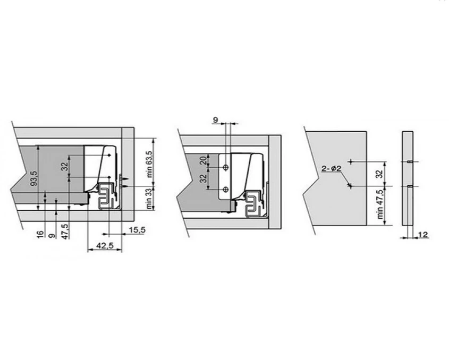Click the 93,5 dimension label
pyautogui.click(x=34, y=178)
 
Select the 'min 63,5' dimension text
pyautogui.click(x=149, y=164)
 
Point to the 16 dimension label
pyautogui.click(x=41, y=234)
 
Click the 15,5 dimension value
pyautogui.click(x=137, y=230)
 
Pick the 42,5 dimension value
pyautogui.click(x=105, y=245)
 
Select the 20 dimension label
pyautogui.click(x=204, y=160)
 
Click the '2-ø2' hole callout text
pyautogui.click(x=332, y=168)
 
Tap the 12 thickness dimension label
pyautogui.click(x=423, y=235)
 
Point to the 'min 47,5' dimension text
pyautogui.click(x=380, y=204)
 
